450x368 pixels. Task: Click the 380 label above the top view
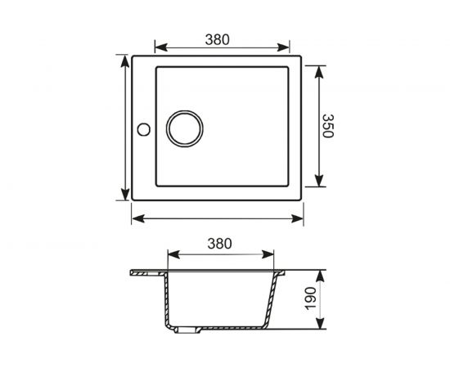[x=216, y=38]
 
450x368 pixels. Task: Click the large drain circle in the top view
[x=184, y=129]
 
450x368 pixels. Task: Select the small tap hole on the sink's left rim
[x=142, y=129]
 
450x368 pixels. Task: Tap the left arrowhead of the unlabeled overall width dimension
[x=135, y=218]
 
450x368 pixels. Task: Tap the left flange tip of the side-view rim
[x=132, y=272]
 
